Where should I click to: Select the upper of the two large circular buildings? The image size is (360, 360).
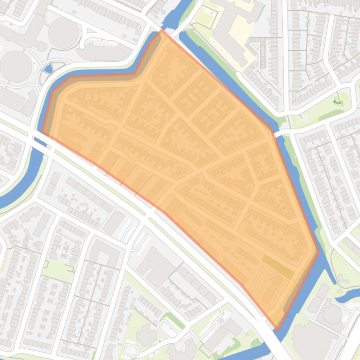pos(63,32)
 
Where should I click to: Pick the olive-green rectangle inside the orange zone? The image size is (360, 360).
pos(278,266)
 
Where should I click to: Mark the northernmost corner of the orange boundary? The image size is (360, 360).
pos(162,31)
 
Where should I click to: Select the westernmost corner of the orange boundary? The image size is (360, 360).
pos(42,132)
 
